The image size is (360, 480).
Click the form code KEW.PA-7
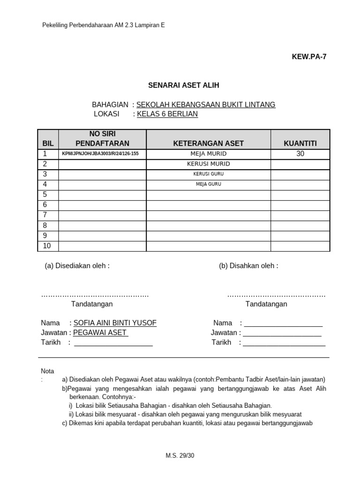[309, 57]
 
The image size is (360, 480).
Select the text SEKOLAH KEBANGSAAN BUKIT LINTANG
[206, 105]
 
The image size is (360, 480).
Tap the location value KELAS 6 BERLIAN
[167, 114]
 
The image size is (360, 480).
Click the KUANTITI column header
[300, 143]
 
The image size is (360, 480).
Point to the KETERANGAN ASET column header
[208, 143]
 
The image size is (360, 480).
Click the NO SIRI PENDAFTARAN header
[102, 139]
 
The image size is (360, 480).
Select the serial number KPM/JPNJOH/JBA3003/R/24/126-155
[101, 154]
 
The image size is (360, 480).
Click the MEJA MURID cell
[208, 154]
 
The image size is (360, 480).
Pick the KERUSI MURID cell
[208, 164]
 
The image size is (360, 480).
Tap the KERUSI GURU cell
[208, 174]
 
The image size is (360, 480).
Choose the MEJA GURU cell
[208, 184]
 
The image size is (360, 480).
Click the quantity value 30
[300, 154]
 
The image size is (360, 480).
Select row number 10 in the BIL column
[47, 246]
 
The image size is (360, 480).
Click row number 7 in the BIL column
[45, 215]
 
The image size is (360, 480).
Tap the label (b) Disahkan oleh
[248, 266]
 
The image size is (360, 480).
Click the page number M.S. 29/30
[180, 456]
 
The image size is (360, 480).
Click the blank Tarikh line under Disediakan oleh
[113, 343]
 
